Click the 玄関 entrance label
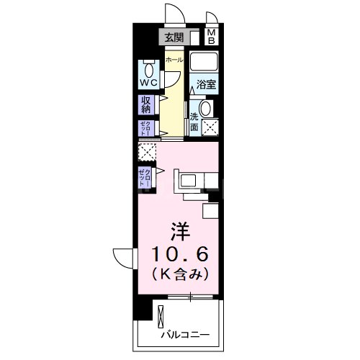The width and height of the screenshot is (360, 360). click(x=173, y=37)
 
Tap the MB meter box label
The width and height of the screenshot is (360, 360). click(x=212, y=37)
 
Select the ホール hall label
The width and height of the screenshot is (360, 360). click(x=174, y=61)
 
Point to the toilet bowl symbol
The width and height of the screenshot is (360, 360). click(x=148, y=69)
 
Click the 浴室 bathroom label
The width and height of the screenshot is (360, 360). click(x=207, y=84)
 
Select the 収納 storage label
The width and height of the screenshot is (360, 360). click(x=146, y=105)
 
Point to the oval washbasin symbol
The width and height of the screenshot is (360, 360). click(x=206, y=109)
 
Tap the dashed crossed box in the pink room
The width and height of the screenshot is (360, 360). click(x=148, y=153)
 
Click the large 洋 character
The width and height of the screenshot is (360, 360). click(x=179, y=233)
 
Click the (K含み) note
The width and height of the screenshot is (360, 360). click(x=180, y=274)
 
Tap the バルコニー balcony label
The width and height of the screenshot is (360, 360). click(x=185, y=335)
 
